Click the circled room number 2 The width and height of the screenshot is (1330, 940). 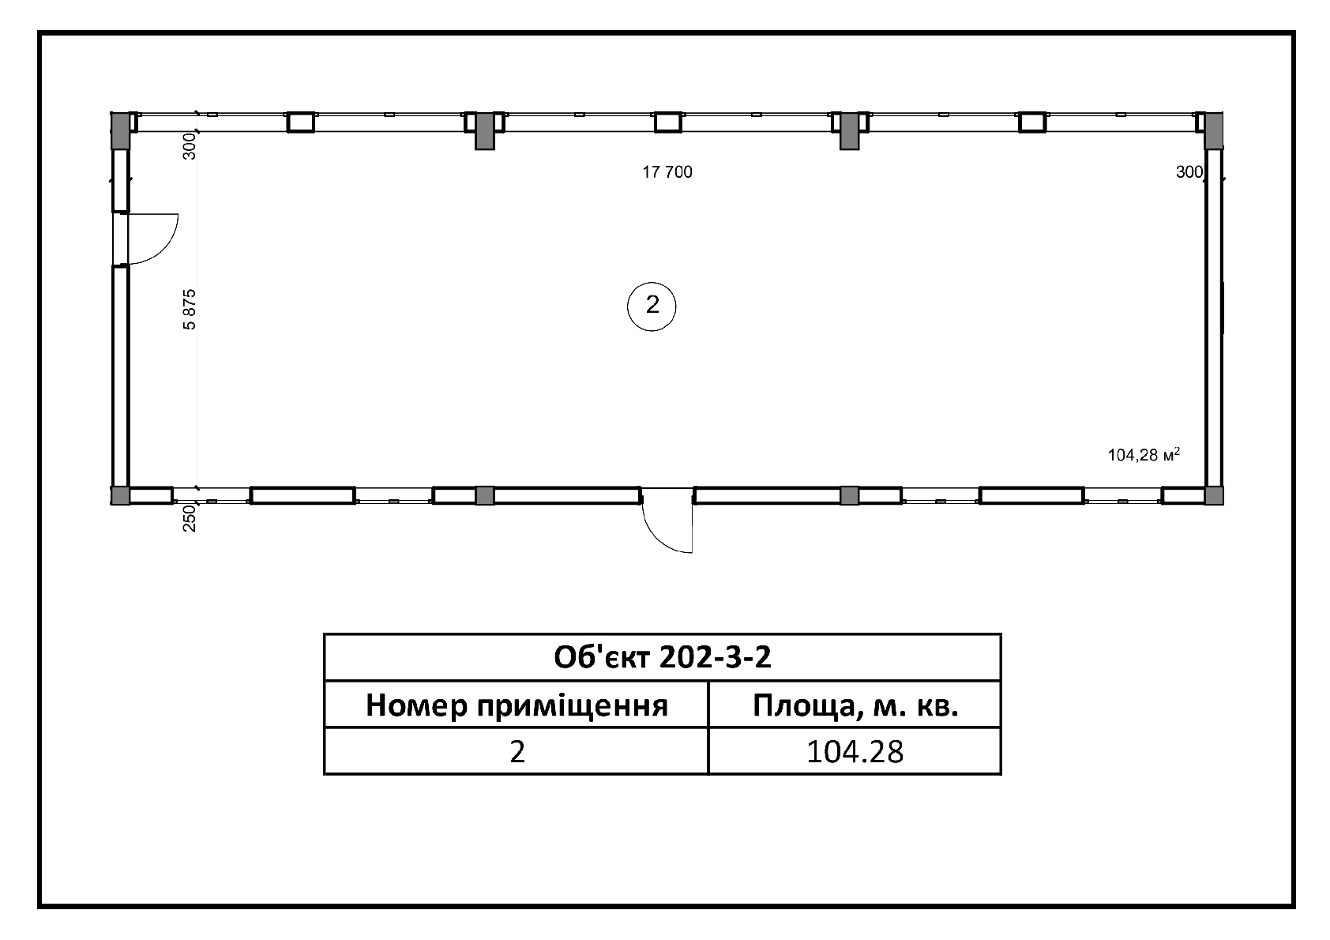652,306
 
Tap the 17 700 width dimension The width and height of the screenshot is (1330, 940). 667,172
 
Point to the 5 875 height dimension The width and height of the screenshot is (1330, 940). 189,310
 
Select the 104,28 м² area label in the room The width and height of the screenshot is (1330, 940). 1144,454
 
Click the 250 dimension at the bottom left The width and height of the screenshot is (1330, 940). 189,518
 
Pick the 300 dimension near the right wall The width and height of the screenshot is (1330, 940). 1189,172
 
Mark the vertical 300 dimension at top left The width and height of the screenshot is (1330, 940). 189,146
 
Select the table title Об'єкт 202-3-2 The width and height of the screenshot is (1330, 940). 662,657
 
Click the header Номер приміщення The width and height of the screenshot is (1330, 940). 517,705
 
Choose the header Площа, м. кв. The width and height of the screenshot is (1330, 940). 855,705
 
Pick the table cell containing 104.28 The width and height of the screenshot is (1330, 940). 855,752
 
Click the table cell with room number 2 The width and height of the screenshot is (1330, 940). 517,752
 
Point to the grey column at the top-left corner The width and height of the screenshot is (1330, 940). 121,130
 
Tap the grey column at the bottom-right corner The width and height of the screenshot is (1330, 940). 1214,495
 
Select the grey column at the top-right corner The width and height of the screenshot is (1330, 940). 1214,130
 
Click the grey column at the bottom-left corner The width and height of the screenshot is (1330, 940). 121,495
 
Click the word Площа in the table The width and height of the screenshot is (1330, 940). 803,705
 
